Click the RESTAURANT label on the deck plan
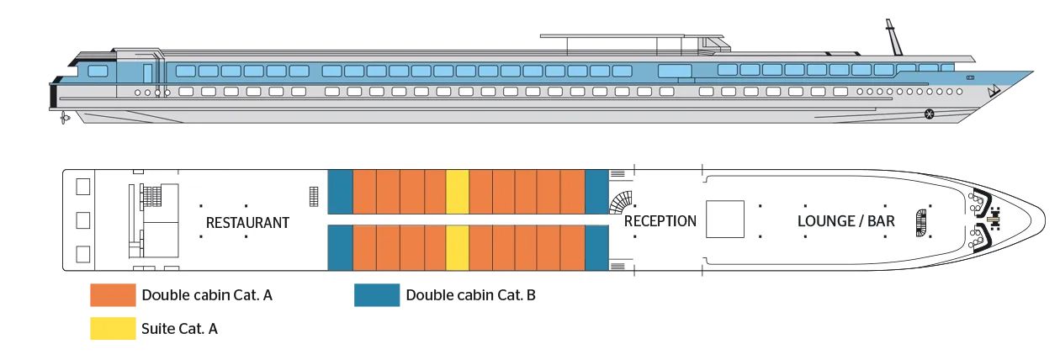247,223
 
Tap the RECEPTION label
660,221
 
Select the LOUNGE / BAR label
846,222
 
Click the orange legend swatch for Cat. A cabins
113,295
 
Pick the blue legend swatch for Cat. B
376,295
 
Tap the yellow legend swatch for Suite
113,328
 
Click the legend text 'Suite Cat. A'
180,329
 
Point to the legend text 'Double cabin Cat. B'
470,295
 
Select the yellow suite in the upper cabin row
457,192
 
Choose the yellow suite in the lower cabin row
457,248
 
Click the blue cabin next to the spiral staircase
596,192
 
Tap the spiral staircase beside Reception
623,203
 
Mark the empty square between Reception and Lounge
724,220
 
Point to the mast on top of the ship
892,38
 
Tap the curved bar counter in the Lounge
922,220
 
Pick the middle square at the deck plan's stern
83,220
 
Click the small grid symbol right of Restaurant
314,196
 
